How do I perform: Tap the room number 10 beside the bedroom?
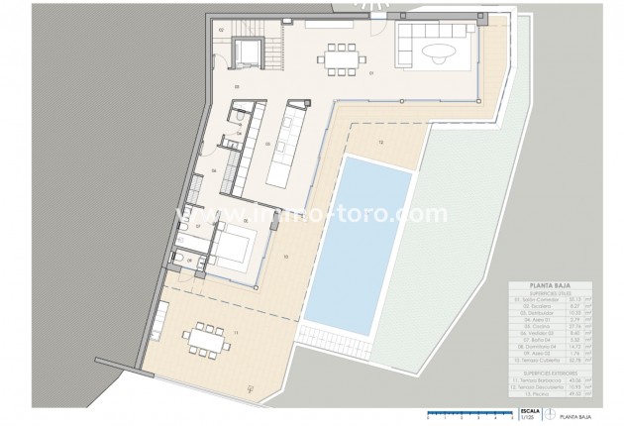[x=285, y=257]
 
